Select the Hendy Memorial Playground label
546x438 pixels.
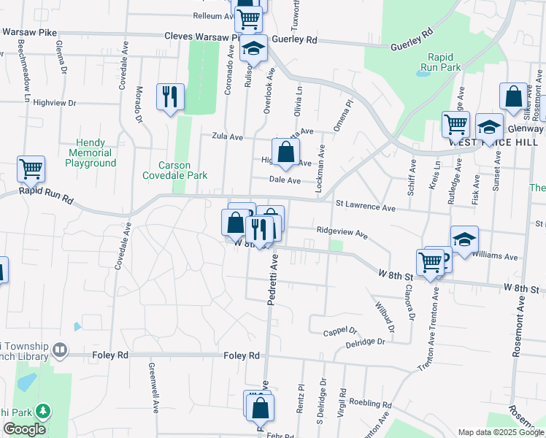pyautogui.click(x=91, y=153)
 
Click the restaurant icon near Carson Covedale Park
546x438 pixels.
pyautogui.click(x=170, y=96)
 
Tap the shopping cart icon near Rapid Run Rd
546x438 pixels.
pyautogui.click(x=31, y=169)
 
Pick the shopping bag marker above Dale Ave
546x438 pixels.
pyautogui.click(x=286, y=152)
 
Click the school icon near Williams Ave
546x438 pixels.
pyautogui.click(x=464, y=239)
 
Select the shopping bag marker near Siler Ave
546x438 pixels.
pyautogui.click(x=514, y=97)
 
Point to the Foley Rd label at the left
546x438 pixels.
pyautogui.click(x=110, y=356)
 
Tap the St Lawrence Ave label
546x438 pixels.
pyautogui.click(x=364, y=207)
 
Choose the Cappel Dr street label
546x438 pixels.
pyautogui.click(x=339, y=332)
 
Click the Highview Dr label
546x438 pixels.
pyautogui.click(x=55, y=103)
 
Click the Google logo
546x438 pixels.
pyautogui.click(x=24, y=429)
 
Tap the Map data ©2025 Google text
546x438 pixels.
pyautogui.click(x=501, y=432)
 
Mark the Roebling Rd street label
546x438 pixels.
pyautogui.click(x=371, y=404)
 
